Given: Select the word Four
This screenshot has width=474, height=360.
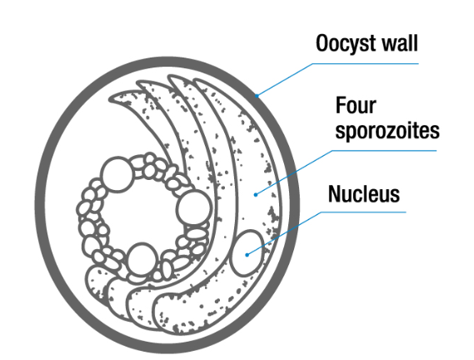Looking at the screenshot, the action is pos(356,105).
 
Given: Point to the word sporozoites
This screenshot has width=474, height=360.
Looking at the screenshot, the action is pos(387,131).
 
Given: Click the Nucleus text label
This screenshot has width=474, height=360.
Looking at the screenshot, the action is pos(364,193).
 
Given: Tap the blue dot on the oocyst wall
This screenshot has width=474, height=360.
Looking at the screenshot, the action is pos(257,96).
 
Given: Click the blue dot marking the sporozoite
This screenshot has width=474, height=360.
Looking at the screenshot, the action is pos(256,194).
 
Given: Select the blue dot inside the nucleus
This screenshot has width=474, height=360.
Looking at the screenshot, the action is pos(247,255).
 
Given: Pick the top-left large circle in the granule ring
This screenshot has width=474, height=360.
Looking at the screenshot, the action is pos(117,174).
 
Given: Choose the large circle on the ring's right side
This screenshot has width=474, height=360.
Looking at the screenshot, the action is pos(194,207).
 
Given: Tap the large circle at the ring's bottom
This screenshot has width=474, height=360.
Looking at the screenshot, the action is pos(142,259).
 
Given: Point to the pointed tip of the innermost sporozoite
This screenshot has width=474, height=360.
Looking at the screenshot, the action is pos(110,98).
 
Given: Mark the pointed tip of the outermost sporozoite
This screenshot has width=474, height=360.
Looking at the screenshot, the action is pos(195,81).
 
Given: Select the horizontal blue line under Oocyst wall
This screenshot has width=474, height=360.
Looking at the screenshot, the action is pos(365,64).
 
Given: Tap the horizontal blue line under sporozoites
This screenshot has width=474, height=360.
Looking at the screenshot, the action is pos(384,150).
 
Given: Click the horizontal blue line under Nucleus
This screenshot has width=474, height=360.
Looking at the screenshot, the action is pos(363,212).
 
